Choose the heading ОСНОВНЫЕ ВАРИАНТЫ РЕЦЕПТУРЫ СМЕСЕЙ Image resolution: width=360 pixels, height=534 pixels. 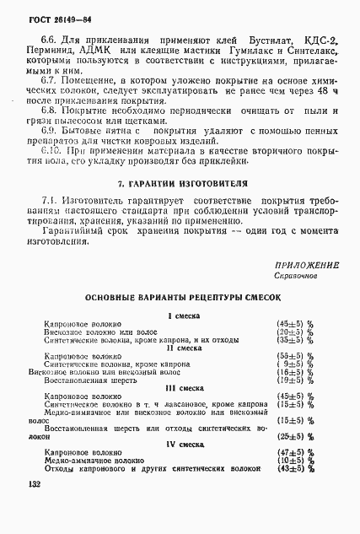coord(182,297)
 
